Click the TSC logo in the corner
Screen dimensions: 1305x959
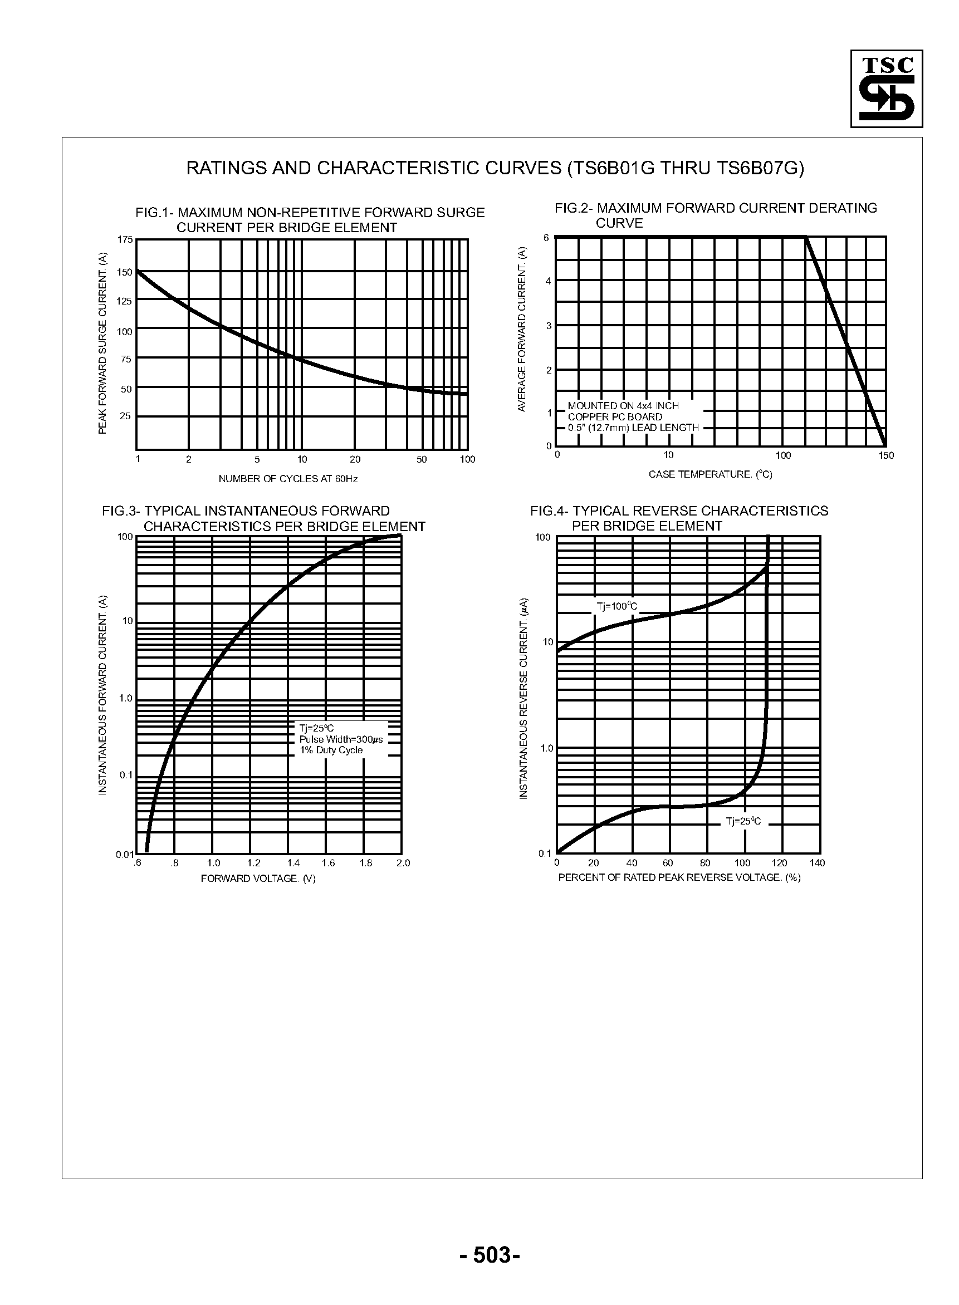tap(886, 88)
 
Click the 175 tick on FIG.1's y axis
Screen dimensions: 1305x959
tap(125, 239)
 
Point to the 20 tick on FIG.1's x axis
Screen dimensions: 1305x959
tap(355, 459)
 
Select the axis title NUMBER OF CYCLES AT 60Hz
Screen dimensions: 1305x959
tap(288, 479)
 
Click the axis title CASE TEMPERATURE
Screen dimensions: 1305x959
tap(710, 475)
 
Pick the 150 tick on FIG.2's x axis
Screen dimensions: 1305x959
tap(886, 455)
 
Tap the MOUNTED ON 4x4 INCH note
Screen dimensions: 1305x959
tap(623, 406)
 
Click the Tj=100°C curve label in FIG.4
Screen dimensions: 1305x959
tap(616, 607)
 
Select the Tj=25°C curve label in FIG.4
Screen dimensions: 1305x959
tap(743, 822)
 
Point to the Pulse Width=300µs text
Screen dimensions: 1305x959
tap(341, 740)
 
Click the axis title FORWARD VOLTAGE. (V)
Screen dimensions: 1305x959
tap(258, 879)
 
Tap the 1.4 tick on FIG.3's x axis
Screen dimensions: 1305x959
tap(293, 863)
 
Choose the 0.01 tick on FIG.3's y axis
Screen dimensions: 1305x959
tap(125, 854)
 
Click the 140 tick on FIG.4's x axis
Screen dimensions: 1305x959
tap(817, 863)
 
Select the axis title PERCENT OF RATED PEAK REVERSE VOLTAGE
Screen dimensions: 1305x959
tap(679, 877)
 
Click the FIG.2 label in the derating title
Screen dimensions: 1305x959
tap(572, 208)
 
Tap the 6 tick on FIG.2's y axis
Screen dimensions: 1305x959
tap(546, 238)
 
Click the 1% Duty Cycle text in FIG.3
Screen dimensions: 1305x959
tap(331, 750)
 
